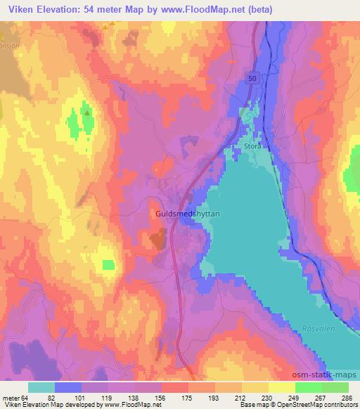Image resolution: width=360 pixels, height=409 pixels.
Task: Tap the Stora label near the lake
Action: pyautogui.click(x=253, y=147)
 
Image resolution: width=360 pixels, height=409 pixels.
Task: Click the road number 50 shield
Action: pyautogui.click(x=252, y=79)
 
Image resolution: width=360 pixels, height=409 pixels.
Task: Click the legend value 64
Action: pyautogui.click(x=27, y=397)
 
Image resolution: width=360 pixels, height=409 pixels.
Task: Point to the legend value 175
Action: pyautogui.click(x=187, y=397)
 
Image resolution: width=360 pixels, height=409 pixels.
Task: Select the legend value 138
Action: pyautogui.click(x=134, y=397)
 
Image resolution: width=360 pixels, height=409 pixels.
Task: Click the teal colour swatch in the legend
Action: pyautogui.click(x=41, y=387)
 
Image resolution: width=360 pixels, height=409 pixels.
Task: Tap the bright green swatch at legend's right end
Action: pyautogui.click(x=335, y=387)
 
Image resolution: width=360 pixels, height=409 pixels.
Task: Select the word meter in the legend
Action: pyautogui.click(x=11, y=397)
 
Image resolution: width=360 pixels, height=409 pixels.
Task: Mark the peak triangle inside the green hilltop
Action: pyautogui.click(x=86, y=112)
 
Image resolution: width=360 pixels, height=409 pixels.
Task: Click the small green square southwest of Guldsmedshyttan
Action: pyautogui.click(x=108, y=264)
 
